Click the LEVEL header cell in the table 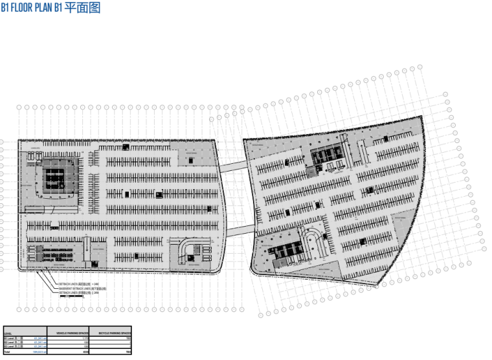(x=8, y=333)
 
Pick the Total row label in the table (x=7, y=352)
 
